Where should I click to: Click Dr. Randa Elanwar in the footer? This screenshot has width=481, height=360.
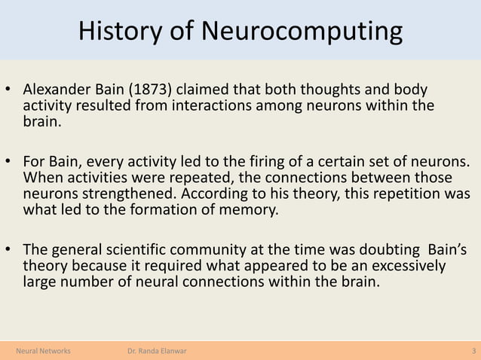pyautogui.click(x=158, y=351)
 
